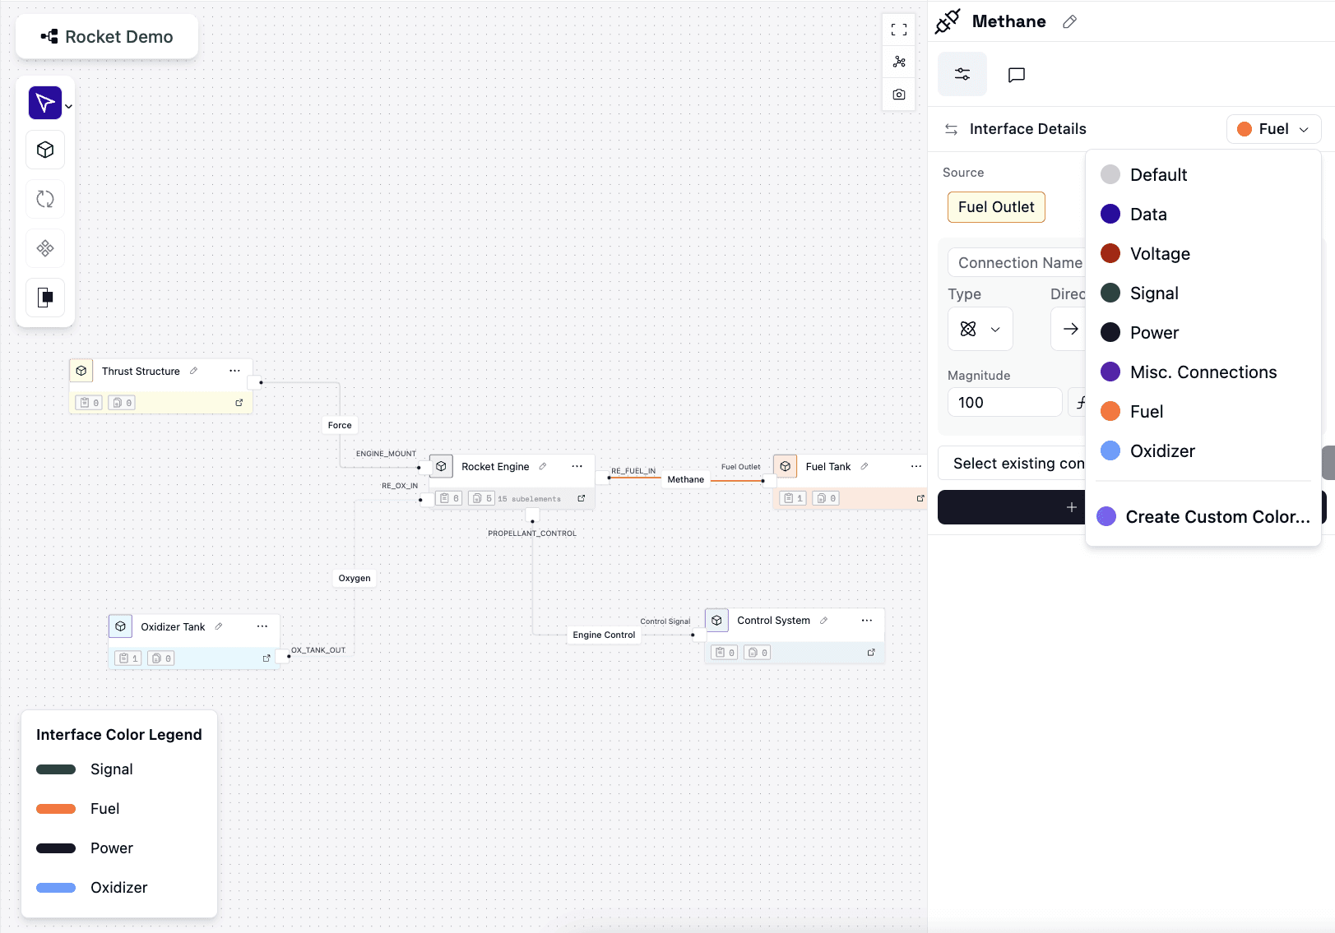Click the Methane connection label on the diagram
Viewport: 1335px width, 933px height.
pyautogui.click(x=685, y=479)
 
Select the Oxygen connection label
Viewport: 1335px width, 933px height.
pyautogui.click(x=355, y=578)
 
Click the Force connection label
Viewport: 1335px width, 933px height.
pyautogui.click(x=340, y=425)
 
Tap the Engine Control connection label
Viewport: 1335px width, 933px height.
pyautogui.click(x=604, y=635)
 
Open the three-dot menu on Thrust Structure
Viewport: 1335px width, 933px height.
pyautogui.click(x=234, y=371)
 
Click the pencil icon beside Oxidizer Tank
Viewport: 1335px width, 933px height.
pyautogui.click(x=219, y=626)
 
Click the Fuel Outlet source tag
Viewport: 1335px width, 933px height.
pyautogui.click(x=996, y=206)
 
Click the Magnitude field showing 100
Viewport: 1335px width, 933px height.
pyautogui.click(x=1004, y=402)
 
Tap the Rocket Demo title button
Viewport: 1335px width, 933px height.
pyautogui.click(x=107, y=36)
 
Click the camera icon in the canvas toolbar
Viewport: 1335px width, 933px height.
pyautogui.click(x=899, y=95)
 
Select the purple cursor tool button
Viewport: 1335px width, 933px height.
pyautogui.click(x=45, y=103)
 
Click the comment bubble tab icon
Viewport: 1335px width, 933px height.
pyautogui.click(x=1016, y=75)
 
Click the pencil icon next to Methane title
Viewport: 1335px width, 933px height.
pyautogui.click(x=1070, y=22)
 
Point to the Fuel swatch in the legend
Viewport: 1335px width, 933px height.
pyautogui.click(x=56, y=809)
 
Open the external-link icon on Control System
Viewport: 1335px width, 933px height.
pyautogui.click(x=871, y=653)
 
